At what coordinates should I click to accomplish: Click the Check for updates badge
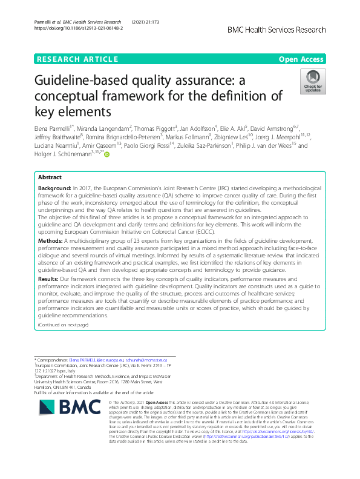point(313,82)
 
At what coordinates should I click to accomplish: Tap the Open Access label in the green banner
point(303,59)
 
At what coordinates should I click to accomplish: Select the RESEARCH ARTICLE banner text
point(77,59)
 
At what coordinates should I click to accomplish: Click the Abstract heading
point(50,161)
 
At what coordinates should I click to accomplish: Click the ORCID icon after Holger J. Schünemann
point(107,154)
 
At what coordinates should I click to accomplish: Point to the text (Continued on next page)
point(63,325)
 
